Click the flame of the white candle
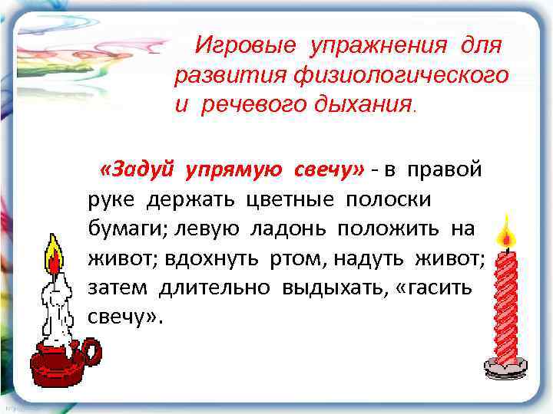pos(54,256)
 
